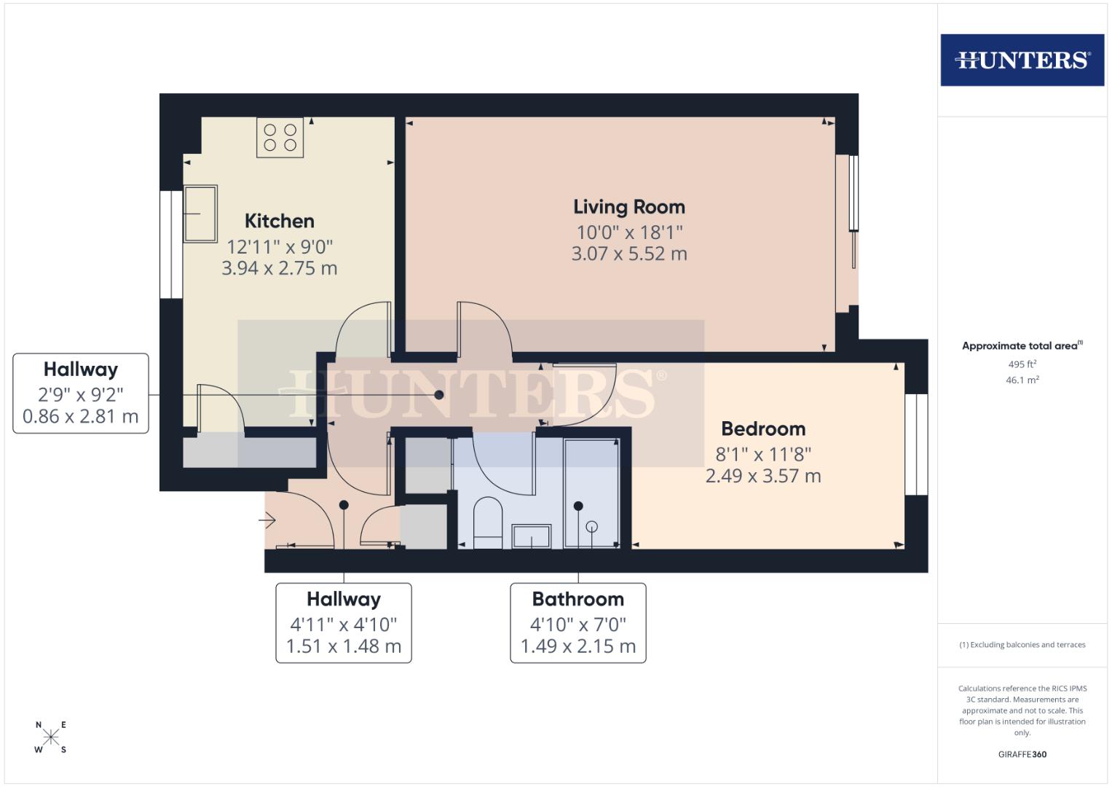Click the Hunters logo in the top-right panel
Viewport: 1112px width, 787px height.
tap(1022, 60)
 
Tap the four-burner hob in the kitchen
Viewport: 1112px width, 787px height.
tap(280, 137)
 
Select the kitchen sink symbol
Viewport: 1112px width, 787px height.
tap(200, 213)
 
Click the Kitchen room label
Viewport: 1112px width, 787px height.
tap(279, 221)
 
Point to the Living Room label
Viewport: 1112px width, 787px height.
tap(628, 207)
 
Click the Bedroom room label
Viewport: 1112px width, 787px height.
tap(763, 428)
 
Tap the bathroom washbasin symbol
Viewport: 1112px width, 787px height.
tap(532, 536)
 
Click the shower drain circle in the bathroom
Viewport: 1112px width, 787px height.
tap(592, 525)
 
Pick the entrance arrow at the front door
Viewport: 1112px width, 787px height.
tap(267, 521)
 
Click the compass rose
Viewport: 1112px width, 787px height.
tap(50, 737)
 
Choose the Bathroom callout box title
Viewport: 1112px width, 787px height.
tap(577, 599)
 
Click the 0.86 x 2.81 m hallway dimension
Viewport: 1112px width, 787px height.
tap(80, 417)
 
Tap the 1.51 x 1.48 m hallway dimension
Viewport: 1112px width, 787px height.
tap(343, 646)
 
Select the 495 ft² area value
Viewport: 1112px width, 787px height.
tap(1022, 364)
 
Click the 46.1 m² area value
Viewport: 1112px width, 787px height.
tap(1022, 380)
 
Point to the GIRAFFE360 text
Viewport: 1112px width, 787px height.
tap(1022, 754)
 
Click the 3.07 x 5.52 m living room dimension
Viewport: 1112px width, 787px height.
tap(628, 254)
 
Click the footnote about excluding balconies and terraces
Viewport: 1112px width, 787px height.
tap(1022, 645)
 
